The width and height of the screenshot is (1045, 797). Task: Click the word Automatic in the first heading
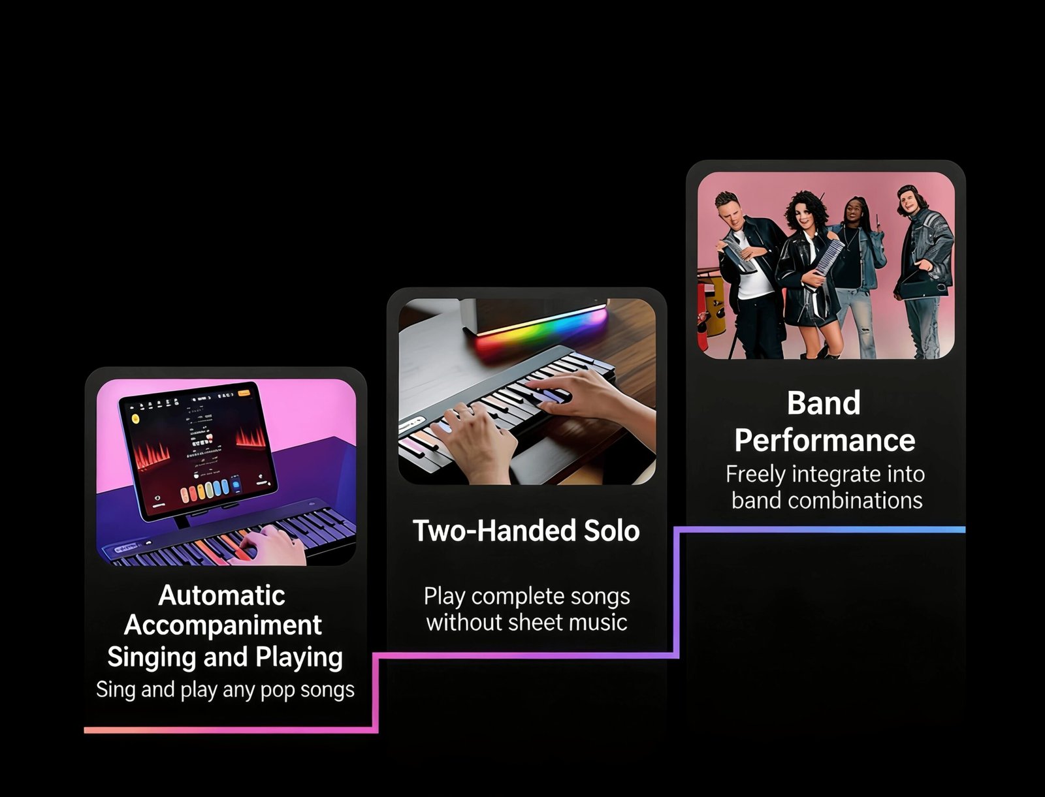[x=222, y=595]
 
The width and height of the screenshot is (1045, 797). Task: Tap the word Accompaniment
[x=223, y=625]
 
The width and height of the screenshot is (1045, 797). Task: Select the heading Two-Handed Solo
[x=526, y=531]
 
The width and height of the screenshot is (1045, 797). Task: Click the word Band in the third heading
[x=824, y=403]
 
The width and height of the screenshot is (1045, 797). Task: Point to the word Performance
[x=825, y=441]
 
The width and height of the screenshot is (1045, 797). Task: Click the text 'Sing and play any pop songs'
[x=225, y=690]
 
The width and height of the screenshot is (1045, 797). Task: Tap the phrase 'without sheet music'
[x=526, y=622]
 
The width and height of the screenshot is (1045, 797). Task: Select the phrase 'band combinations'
[x=827, y=501]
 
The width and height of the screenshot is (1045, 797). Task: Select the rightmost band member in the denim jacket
[x=924, y=272]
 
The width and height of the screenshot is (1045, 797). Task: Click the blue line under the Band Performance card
[x=822, y=530]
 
